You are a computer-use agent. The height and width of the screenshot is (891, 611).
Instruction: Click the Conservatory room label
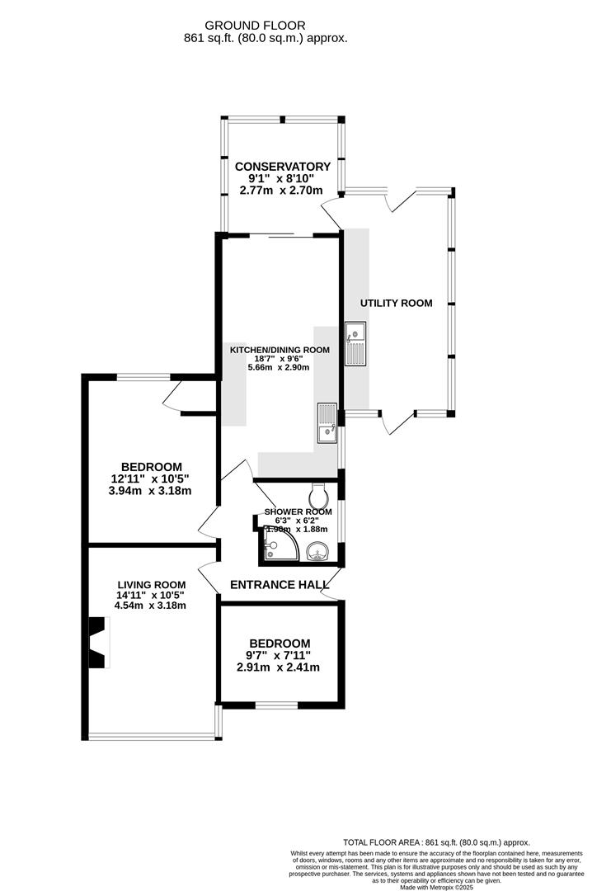(x=282, y=167)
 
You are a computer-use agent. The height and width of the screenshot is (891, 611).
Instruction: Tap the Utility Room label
(x=396, y=303)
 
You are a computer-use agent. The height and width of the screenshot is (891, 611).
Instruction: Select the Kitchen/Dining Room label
(x=280, y=350)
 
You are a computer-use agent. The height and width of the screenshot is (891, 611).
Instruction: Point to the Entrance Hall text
(x=273, y=584)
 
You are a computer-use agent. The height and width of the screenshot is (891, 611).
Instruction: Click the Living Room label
(x=150, y=583)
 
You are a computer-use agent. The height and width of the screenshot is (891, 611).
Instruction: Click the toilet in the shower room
(x=318, y=497)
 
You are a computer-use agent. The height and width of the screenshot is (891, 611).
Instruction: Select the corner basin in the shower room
(x=317, y=551)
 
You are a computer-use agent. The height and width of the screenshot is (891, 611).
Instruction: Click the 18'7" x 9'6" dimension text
(x=280, y=359)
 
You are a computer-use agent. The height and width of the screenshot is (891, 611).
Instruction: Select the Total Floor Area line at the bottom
(x=436, y=842)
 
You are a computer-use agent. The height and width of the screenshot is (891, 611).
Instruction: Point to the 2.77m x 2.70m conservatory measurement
(x=282, y=190)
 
